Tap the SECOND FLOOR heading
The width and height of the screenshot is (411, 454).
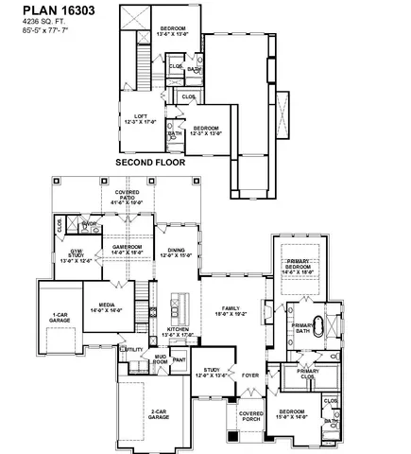tap(150, 162)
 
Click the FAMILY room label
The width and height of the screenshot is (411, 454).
tap(231, 310)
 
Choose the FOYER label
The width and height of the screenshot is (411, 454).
tap(249, 375)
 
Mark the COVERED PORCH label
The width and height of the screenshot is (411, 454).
tap(250, 416)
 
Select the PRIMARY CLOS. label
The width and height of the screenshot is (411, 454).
tap(308, 373)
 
